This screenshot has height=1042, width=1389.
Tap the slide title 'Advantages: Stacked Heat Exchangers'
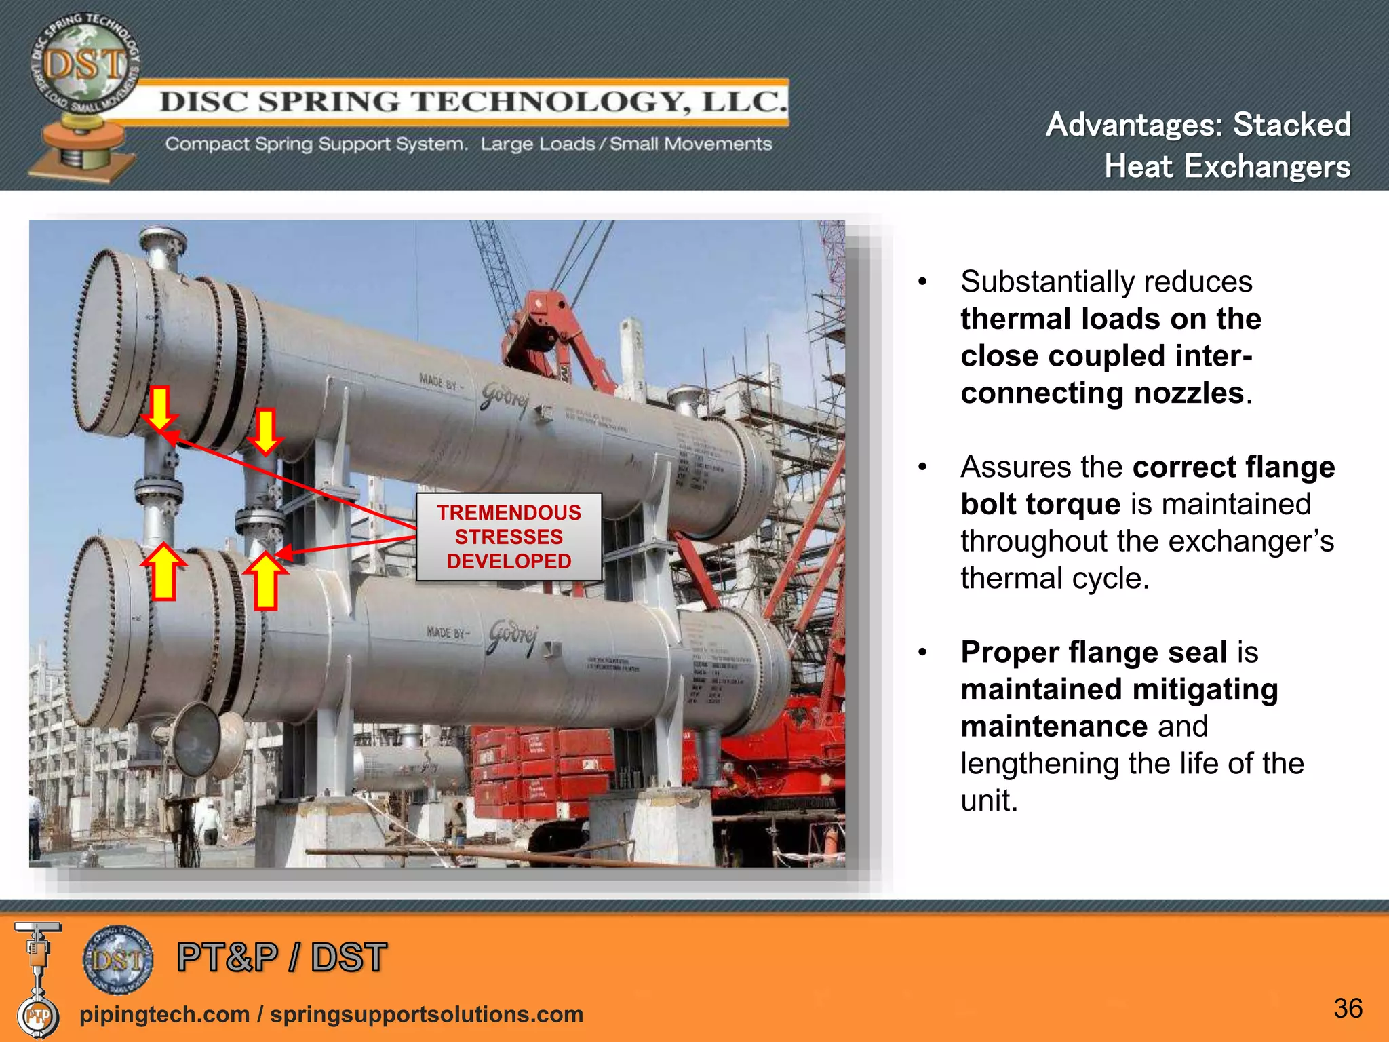click(1198, 145)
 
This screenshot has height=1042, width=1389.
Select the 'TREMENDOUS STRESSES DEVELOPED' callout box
click(509, 537)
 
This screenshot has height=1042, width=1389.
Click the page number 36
click(1348, 1009)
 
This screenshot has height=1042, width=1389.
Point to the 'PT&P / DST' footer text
click(281, 957)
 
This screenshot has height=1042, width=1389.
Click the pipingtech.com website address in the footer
click(165, 1014)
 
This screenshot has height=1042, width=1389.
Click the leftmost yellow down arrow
click(160, 408)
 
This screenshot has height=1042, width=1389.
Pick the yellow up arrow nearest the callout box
click(265, 581)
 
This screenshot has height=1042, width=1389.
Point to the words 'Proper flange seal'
click(1094, 652)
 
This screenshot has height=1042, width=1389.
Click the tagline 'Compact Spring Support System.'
click(316, 144)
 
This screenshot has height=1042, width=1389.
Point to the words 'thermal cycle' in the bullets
click(1055, 578)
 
